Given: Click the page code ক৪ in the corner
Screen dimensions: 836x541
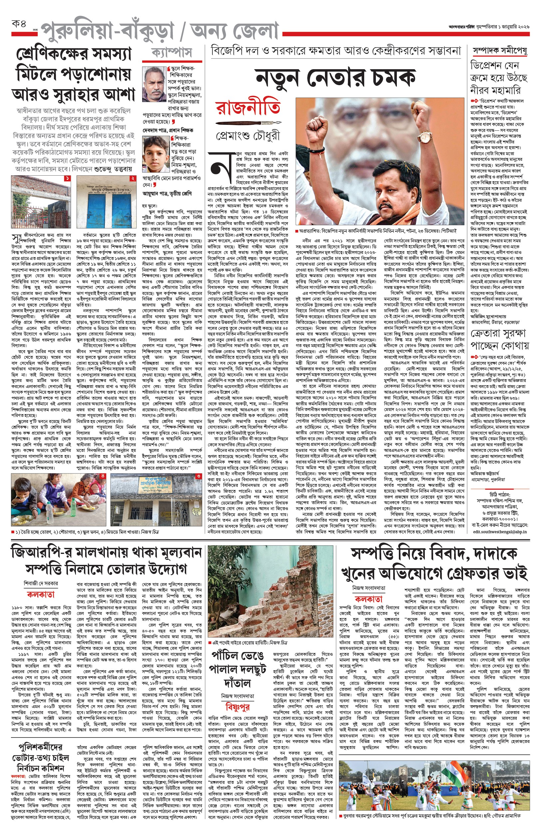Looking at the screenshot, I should pyautogui.click(x=19, y=25).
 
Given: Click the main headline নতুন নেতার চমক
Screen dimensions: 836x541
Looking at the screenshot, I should pyautogui.click(x=336, y=78).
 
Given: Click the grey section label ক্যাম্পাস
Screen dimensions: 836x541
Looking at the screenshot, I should pyautogui.click(x=172, y=53).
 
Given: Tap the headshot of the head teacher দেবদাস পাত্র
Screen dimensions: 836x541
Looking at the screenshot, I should pyautogui.click(x=154, y=84).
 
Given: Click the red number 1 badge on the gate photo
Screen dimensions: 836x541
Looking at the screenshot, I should pyautogui.click(x=67, y=179).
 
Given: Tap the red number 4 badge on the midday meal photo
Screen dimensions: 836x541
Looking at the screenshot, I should pyautogui.click(x=103, y=476).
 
